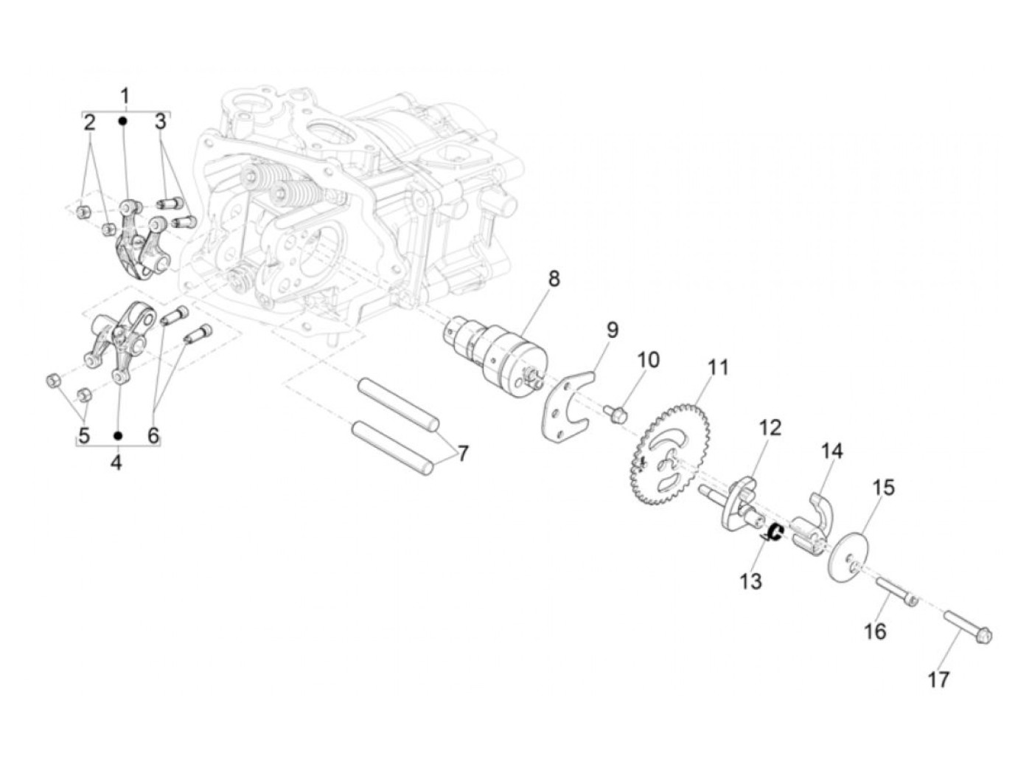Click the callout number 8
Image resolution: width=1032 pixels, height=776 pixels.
[x=554, y=279]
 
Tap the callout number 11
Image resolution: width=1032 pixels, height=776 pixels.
[x=718, y=367]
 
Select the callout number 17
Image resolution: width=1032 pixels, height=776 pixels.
[x=938, y=679]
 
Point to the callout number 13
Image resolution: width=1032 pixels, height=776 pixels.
[x=750, y=581]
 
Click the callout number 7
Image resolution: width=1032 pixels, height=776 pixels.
[x=462, y=453]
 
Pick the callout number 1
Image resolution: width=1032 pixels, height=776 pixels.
[x=125, y=96]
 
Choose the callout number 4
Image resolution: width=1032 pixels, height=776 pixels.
[x=116, y=465]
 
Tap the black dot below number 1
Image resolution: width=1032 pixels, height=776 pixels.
[x=124, y=120]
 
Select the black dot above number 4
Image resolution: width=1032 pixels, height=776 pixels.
[x=117, y=435]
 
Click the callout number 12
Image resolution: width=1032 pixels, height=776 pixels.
[x=770, y=427]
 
